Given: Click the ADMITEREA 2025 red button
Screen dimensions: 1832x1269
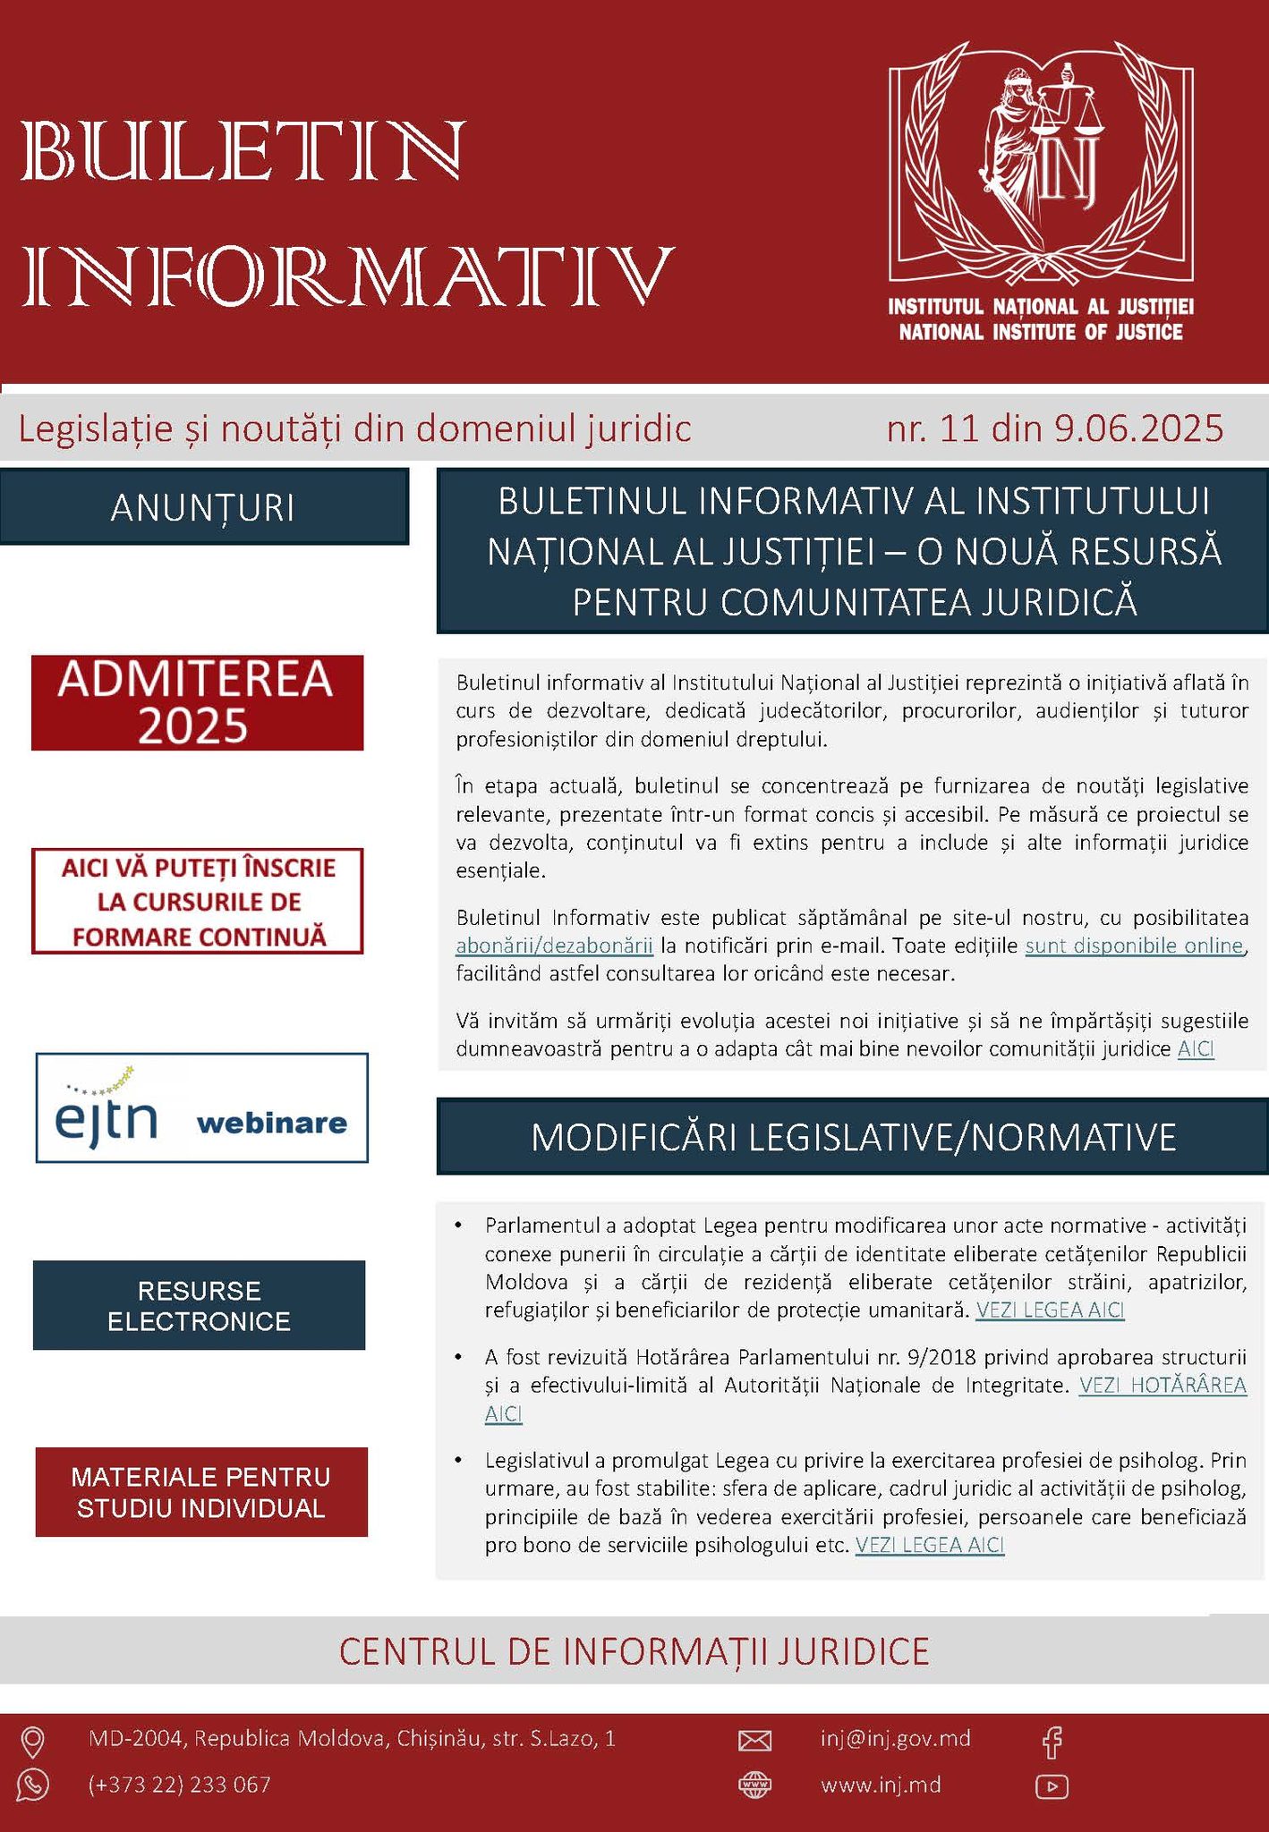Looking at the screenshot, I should click(x=197, y=702).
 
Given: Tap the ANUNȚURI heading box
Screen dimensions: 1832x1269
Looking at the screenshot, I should click(x=203, y=507).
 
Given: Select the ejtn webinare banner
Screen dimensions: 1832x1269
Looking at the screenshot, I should click(x=201, y=1107).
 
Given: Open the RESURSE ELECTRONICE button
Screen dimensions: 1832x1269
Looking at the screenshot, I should click(x=199, y=1305).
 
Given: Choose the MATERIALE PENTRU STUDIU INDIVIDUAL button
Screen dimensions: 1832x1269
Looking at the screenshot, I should click(x=201, y=1492).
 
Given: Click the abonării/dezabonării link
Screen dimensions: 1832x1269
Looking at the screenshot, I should click(x=554, y=946).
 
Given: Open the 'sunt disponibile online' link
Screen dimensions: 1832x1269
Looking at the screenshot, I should click(x=1134, y=946).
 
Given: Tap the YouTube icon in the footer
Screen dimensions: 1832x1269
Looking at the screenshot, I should click(x=1052, y=1786).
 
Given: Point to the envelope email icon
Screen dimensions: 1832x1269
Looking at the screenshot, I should click(x=754, y=1740).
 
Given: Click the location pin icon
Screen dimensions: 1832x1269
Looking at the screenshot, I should click(x=33, y=1741).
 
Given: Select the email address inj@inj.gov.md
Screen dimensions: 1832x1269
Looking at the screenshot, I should click(x=895, y=1738).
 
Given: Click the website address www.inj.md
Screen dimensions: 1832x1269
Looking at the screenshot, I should click(x=881, y=1785).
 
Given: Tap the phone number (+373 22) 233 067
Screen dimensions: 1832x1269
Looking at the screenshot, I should click(x=179, y=1785).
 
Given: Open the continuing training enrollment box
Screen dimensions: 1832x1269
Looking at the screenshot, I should click(x=197, y=902).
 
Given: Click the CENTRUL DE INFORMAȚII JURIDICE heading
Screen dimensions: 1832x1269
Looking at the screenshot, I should click(x=634, y=1651).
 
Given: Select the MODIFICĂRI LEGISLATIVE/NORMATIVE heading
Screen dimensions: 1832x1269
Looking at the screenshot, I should click(x=852, y=1137).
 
